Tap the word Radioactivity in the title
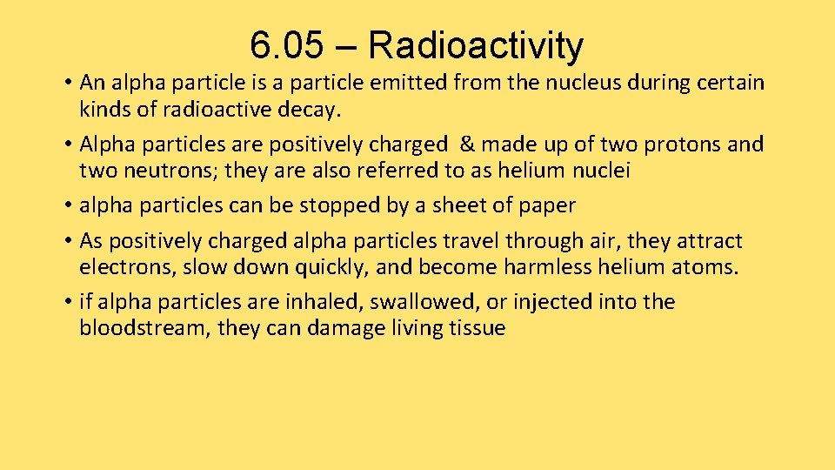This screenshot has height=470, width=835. [476, 45]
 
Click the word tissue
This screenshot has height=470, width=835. [473, 328]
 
